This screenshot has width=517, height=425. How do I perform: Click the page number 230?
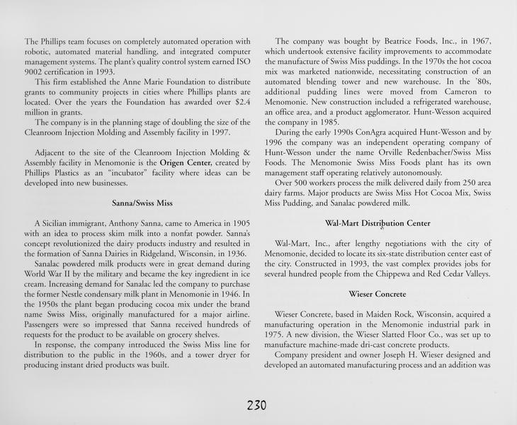point(256,406)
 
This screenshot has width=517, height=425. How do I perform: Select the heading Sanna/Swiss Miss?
point(142,203)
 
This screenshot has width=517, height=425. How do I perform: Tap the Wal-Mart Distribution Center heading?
point(377,223)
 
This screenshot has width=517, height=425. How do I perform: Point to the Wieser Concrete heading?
point(377,293)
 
